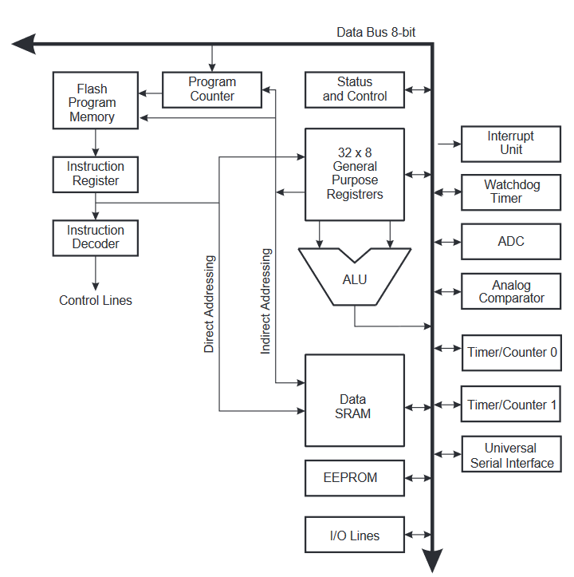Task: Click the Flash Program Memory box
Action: tap(96, 101)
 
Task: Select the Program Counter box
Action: tap(212, 89)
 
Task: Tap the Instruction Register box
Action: tap(96, 174)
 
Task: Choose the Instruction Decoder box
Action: tap(96, 237)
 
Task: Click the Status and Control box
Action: tap(355, 89)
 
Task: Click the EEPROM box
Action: tap(355, 478)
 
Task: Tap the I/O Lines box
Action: tap(355, 536)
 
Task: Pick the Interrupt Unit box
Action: tap(511, 144)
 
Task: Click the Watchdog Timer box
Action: tap(511, 192)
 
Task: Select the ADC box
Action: tap(511, 241)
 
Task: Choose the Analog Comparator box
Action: tap(511, 292)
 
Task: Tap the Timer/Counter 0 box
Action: tap(511, 353)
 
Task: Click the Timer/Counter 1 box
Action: tap(511, 405)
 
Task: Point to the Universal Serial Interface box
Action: tap(511, 456)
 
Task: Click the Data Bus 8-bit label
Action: tap(375, 33)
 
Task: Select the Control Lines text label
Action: tap(96, 301)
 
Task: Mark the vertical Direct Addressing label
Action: tap(209, 303)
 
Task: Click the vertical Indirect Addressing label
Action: tap(266, 301)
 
